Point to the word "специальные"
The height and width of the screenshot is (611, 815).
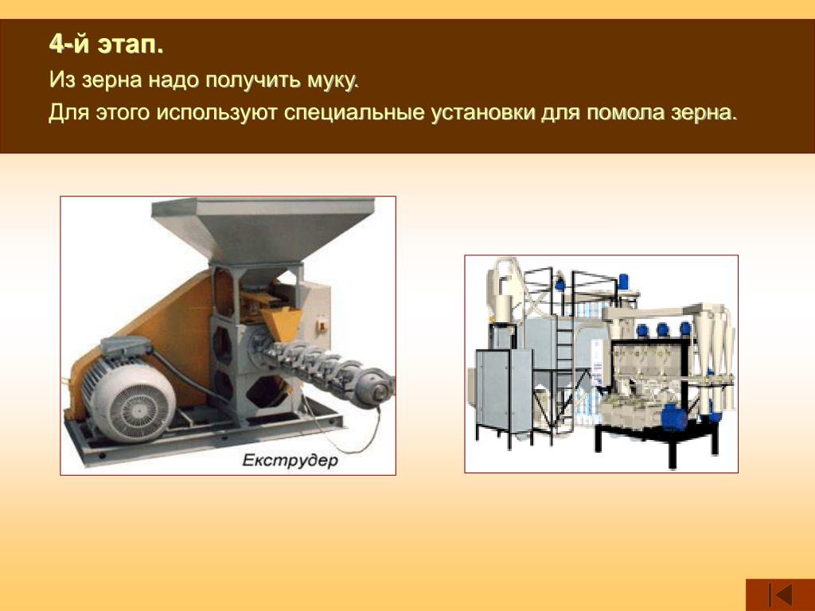click(x=354, y=113)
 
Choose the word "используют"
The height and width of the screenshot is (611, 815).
click(x=216, y=113)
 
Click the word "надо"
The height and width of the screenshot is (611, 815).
click(x=174, y=80)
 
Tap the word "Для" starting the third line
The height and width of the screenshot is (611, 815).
click(x=69, y=113)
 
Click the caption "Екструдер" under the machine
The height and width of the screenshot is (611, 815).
click(x=290, y=461)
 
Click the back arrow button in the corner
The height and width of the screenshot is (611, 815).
click(x=780, y=594)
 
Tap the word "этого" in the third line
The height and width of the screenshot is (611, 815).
click(x=123, y=113)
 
